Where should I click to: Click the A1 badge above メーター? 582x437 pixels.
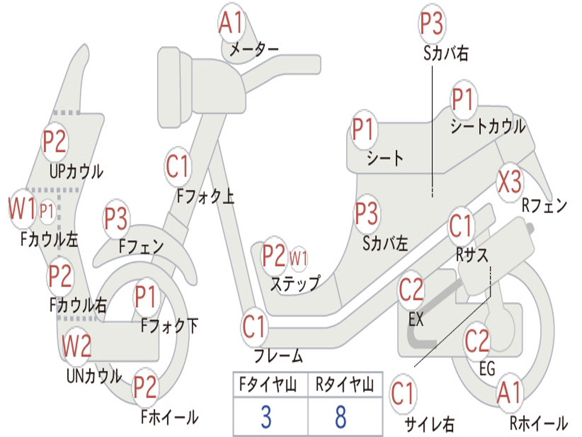click(x=231, y=24)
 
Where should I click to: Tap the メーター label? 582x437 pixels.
click(x=253, y=51)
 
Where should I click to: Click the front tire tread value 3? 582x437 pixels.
click(x=265, y=417)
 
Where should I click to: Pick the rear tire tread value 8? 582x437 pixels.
click(x=340, y=417)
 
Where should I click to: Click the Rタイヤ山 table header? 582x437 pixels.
click(x=344, y=386)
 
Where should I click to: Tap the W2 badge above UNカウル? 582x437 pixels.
click(x=76, y=346)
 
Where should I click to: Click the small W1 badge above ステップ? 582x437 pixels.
click(x=298, y=258)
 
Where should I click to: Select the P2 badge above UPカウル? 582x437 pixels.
click(x=55, y=142)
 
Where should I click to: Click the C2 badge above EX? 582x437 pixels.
click(x=411, y=291)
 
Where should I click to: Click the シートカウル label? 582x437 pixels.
click(x=488, y=127)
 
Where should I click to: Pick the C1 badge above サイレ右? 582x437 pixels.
click(x=403, y=394)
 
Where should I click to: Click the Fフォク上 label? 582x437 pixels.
click(x=205, y=197)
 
